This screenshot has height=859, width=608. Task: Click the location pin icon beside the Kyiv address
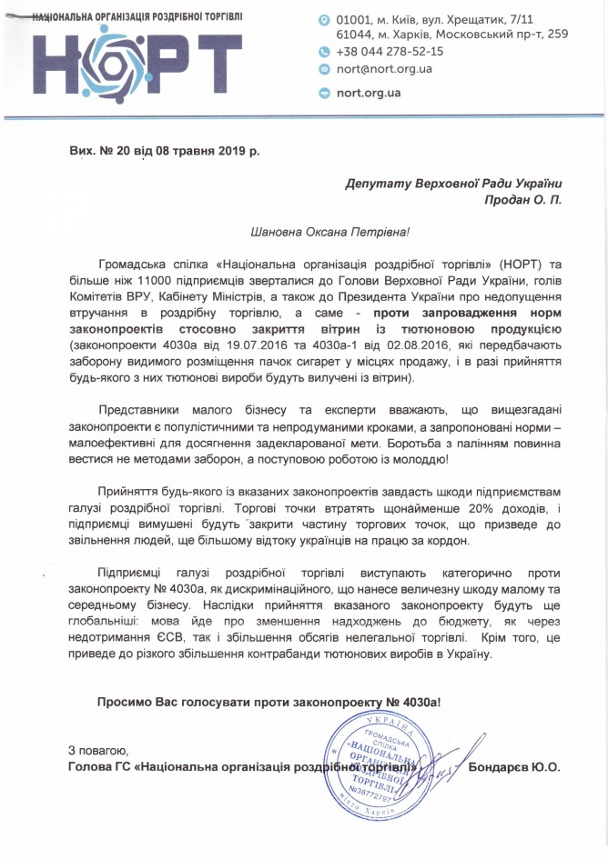click(x=325, y=19)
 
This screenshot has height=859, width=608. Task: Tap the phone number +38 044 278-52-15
click(x=390, y=52)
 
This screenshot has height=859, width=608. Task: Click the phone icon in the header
click(x=325, y=52)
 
